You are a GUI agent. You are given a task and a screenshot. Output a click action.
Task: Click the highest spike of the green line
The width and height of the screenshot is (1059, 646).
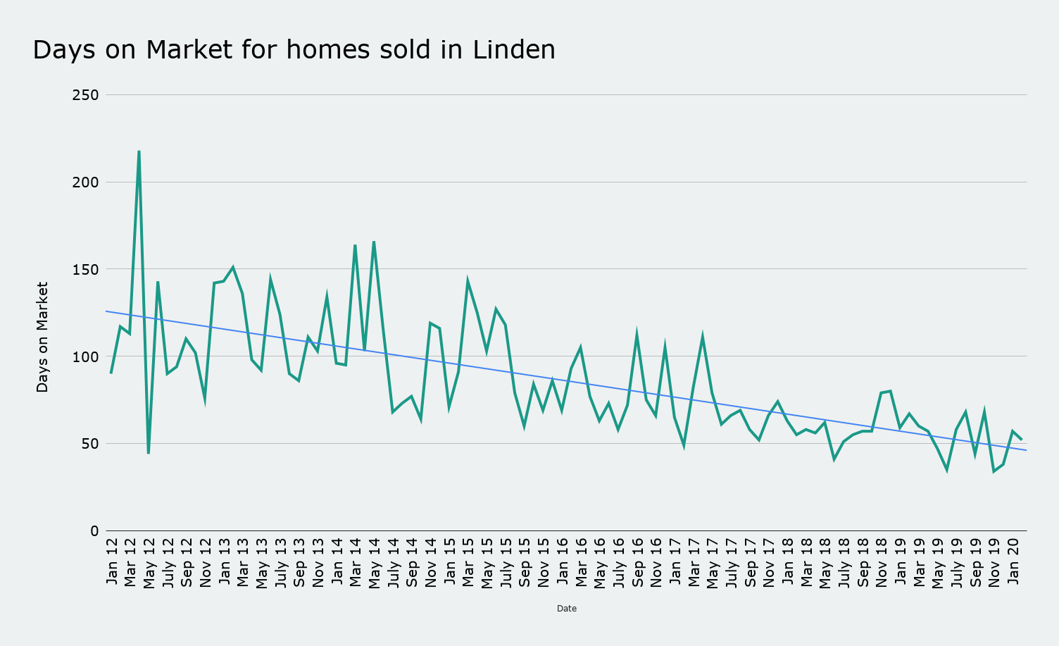pyautogui.click(x=139, y=151)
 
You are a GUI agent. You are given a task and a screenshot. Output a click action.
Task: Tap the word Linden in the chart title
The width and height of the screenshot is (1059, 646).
pyautogui.click(x=514, y=50)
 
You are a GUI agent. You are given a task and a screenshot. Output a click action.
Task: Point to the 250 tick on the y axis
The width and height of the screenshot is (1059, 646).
pyautogui.click(x=85, y=95)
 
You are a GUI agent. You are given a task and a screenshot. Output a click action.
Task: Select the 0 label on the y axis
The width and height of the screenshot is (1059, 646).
pyautogui.click(x=94, y=531)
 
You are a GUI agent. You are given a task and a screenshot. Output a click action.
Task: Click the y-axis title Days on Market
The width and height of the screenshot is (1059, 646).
pyautogui.click(x=42, y=337)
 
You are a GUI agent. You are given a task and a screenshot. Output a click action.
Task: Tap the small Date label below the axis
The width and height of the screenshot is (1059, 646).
pyautogui.click(x=566, y=609)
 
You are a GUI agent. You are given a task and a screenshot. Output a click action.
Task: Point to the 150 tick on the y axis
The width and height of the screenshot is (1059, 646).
pyautogui.click(x=85, y=269)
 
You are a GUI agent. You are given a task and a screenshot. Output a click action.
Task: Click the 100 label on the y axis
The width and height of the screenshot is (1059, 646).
pyautogui.click(x=85, y=356)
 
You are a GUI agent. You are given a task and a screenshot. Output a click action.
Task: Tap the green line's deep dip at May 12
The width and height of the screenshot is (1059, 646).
pyautogui.click(x=149, y=452)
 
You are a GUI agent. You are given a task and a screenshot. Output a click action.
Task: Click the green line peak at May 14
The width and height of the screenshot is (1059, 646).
pyautogui.click(x=374, y=242)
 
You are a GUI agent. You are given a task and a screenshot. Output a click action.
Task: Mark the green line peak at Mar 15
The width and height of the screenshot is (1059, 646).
pyautogui.click(x=468, y=282)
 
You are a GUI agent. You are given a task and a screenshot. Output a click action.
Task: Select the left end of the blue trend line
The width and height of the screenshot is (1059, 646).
pyautogui.click(x=106, y=311)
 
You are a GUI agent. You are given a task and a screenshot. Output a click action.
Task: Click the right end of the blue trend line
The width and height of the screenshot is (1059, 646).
pyautogui.click(x=1026, y=450)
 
